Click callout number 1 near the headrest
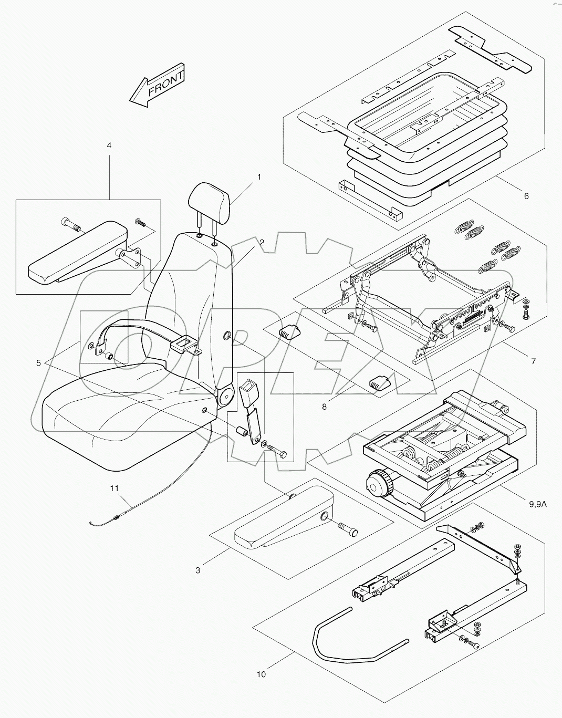pos(258,178)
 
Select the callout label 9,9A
pos(262,674)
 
